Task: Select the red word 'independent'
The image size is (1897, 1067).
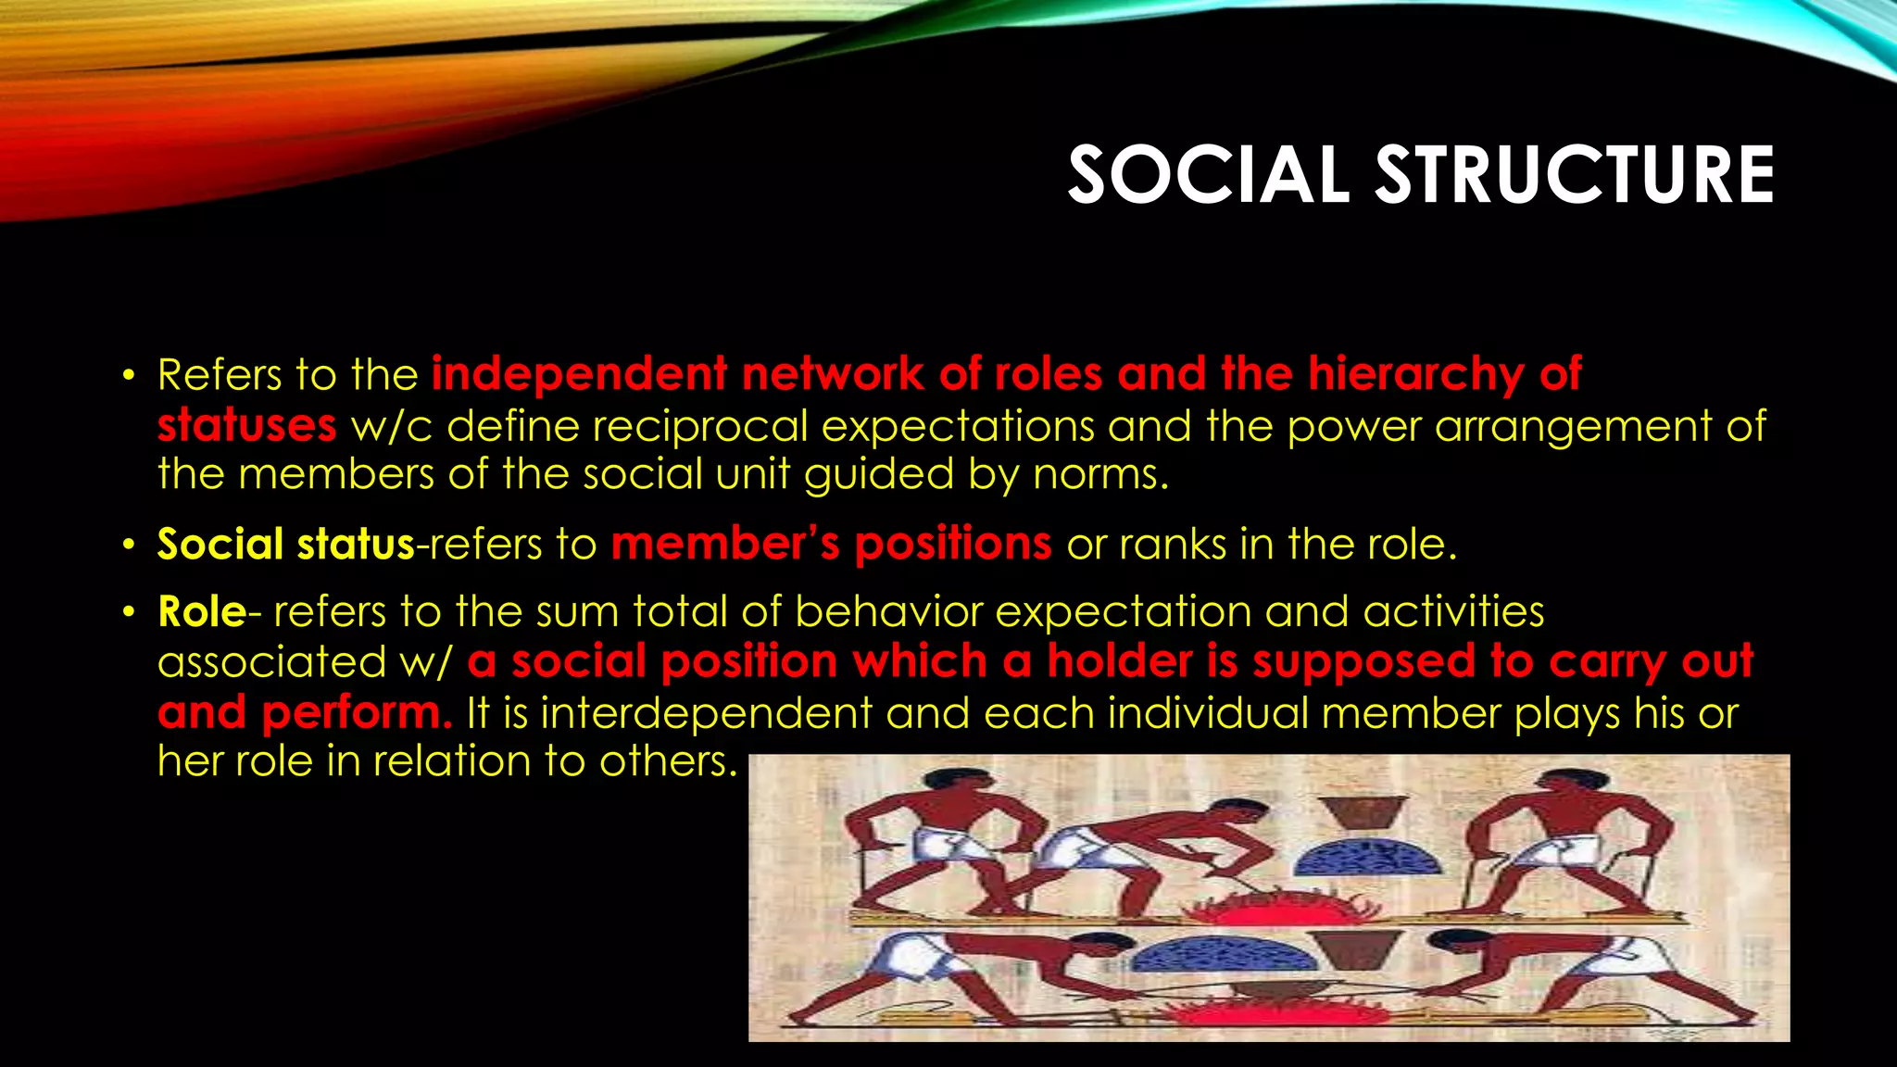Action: coord(579,375)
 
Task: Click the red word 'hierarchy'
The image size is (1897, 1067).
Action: coord(1415,375)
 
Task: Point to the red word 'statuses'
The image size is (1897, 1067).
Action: coord(246,425)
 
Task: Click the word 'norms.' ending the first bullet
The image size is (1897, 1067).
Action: coord(1100,474)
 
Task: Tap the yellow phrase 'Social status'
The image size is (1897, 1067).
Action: coord(285,544)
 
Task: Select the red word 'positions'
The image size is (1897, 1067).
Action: coord(952,544)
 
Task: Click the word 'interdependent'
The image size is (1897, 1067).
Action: coord(706,713)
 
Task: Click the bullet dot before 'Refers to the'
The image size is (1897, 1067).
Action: coord(130,376)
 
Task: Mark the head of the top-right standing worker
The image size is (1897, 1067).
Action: coord(1563,785)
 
